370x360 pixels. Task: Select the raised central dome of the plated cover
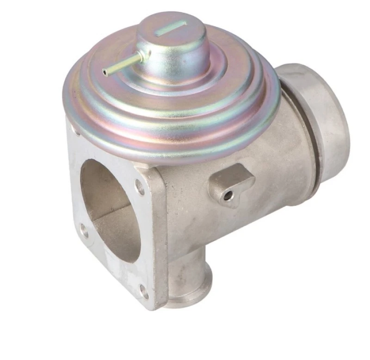[x=176, y=46]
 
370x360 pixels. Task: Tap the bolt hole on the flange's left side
[x=84, y=230]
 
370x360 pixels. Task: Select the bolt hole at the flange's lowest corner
[x=144, y=291]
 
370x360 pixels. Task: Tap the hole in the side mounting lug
[x=228, y=196]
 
